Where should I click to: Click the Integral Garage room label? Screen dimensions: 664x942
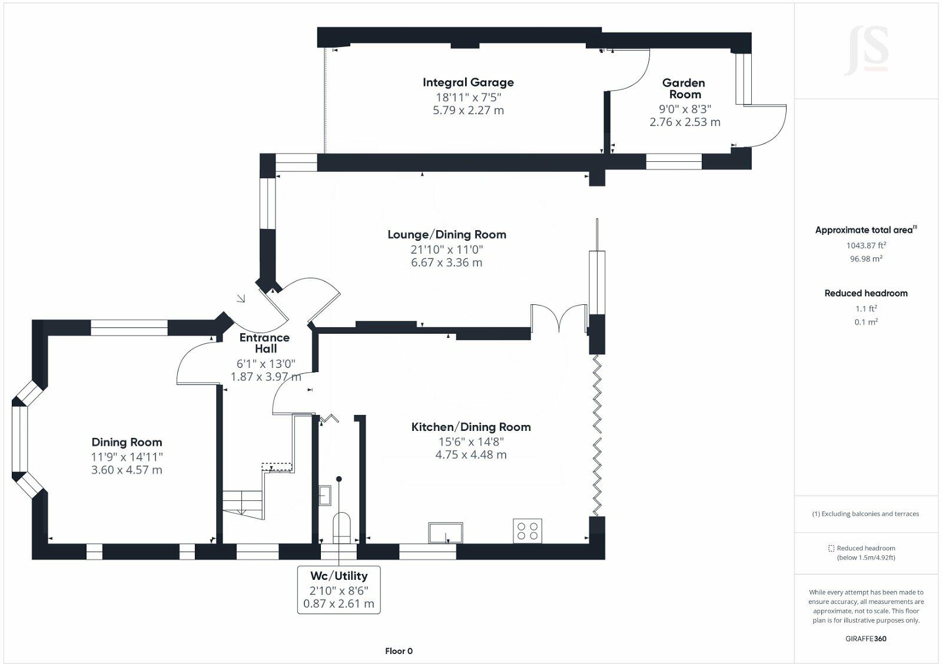pos(468,83)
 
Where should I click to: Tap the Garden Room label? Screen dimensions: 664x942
pos(685,89)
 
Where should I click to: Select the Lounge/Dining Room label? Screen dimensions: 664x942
pos(447,234)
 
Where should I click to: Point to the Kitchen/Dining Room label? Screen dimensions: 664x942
pos(471,427)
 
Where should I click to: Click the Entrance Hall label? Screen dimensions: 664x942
pos(264,343)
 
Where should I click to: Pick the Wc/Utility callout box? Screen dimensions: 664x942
pos(339,590)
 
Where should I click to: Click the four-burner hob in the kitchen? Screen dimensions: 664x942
pos(527,530)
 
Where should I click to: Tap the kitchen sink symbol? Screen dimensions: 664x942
pos(446,532)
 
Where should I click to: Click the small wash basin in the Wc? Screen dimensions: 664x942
pos(325,495)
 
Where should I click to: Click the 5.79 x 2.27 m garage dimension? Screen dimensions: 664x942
pos(468,111)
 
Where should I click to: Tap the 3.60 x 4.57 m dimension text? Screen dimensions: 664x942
pos(127,470)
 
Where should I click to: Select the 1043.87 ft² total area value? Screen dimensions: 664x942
pos(866,245)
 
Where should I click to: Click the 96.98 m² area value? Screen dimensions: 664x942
pos(866,259)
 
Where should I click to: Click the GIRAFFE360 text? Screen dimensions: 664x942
pos(865,639)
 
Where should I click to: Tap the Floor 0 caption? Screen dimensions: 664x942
pos(399,651)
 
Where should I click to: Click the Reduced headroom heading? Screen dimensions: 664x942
pos(865,293)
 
